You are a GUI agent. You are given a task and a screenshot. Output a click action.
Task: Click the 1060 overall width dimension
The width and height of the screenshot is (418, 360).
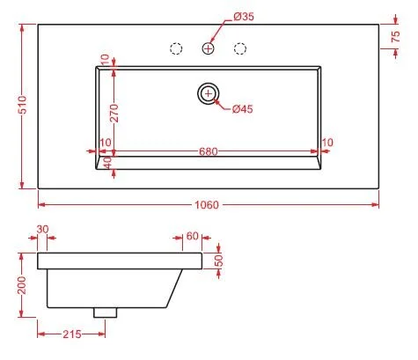(207, 205)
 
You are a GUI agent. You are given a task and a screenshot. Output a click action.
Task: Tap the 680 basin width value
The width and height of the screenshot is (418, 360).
(208, 151)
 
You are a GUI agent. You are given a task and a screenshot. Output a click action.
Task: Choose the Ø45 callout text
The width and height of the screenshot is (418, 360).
(242, 109)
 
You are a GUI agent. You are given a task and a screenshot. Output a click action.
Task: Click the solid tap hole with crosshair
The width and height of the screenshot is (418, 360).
(209, 49)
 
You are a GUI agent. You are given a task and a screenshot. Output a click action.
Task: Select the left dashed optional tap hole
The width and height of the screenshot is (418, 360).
(175, 49)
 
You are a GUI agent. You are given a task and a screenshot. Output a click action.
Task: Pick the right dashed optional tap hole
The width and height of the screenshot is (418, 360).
(240, 49)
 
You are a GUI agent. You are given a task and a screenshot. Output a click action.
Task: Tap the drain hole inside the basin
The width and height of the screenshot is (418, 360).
(209, 93)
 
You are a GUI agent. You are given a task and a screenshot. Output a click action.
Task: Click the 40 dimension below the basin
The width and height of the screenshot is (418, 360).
(106, 163)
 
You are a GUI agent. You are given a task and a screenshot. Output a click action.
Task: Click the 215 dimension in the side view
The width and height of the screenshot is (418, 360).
(70, 335)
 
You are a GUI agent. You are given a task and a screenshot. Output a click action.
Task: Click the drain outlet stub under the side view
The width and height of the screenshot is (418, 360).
(106, 310)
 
